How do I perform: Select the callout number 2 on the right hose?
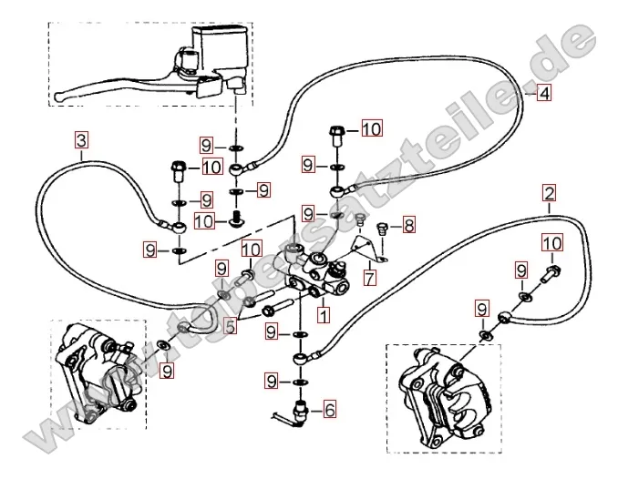pos(549,192)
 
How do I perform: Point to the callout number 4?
pos(542,92)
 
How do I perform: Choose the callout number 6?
pos(329,409)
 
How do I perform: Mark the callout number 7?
pos(370,277)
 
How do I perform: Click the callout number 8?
pos(408,224)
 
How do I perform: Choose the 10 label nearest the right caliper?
pos(552,242)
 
